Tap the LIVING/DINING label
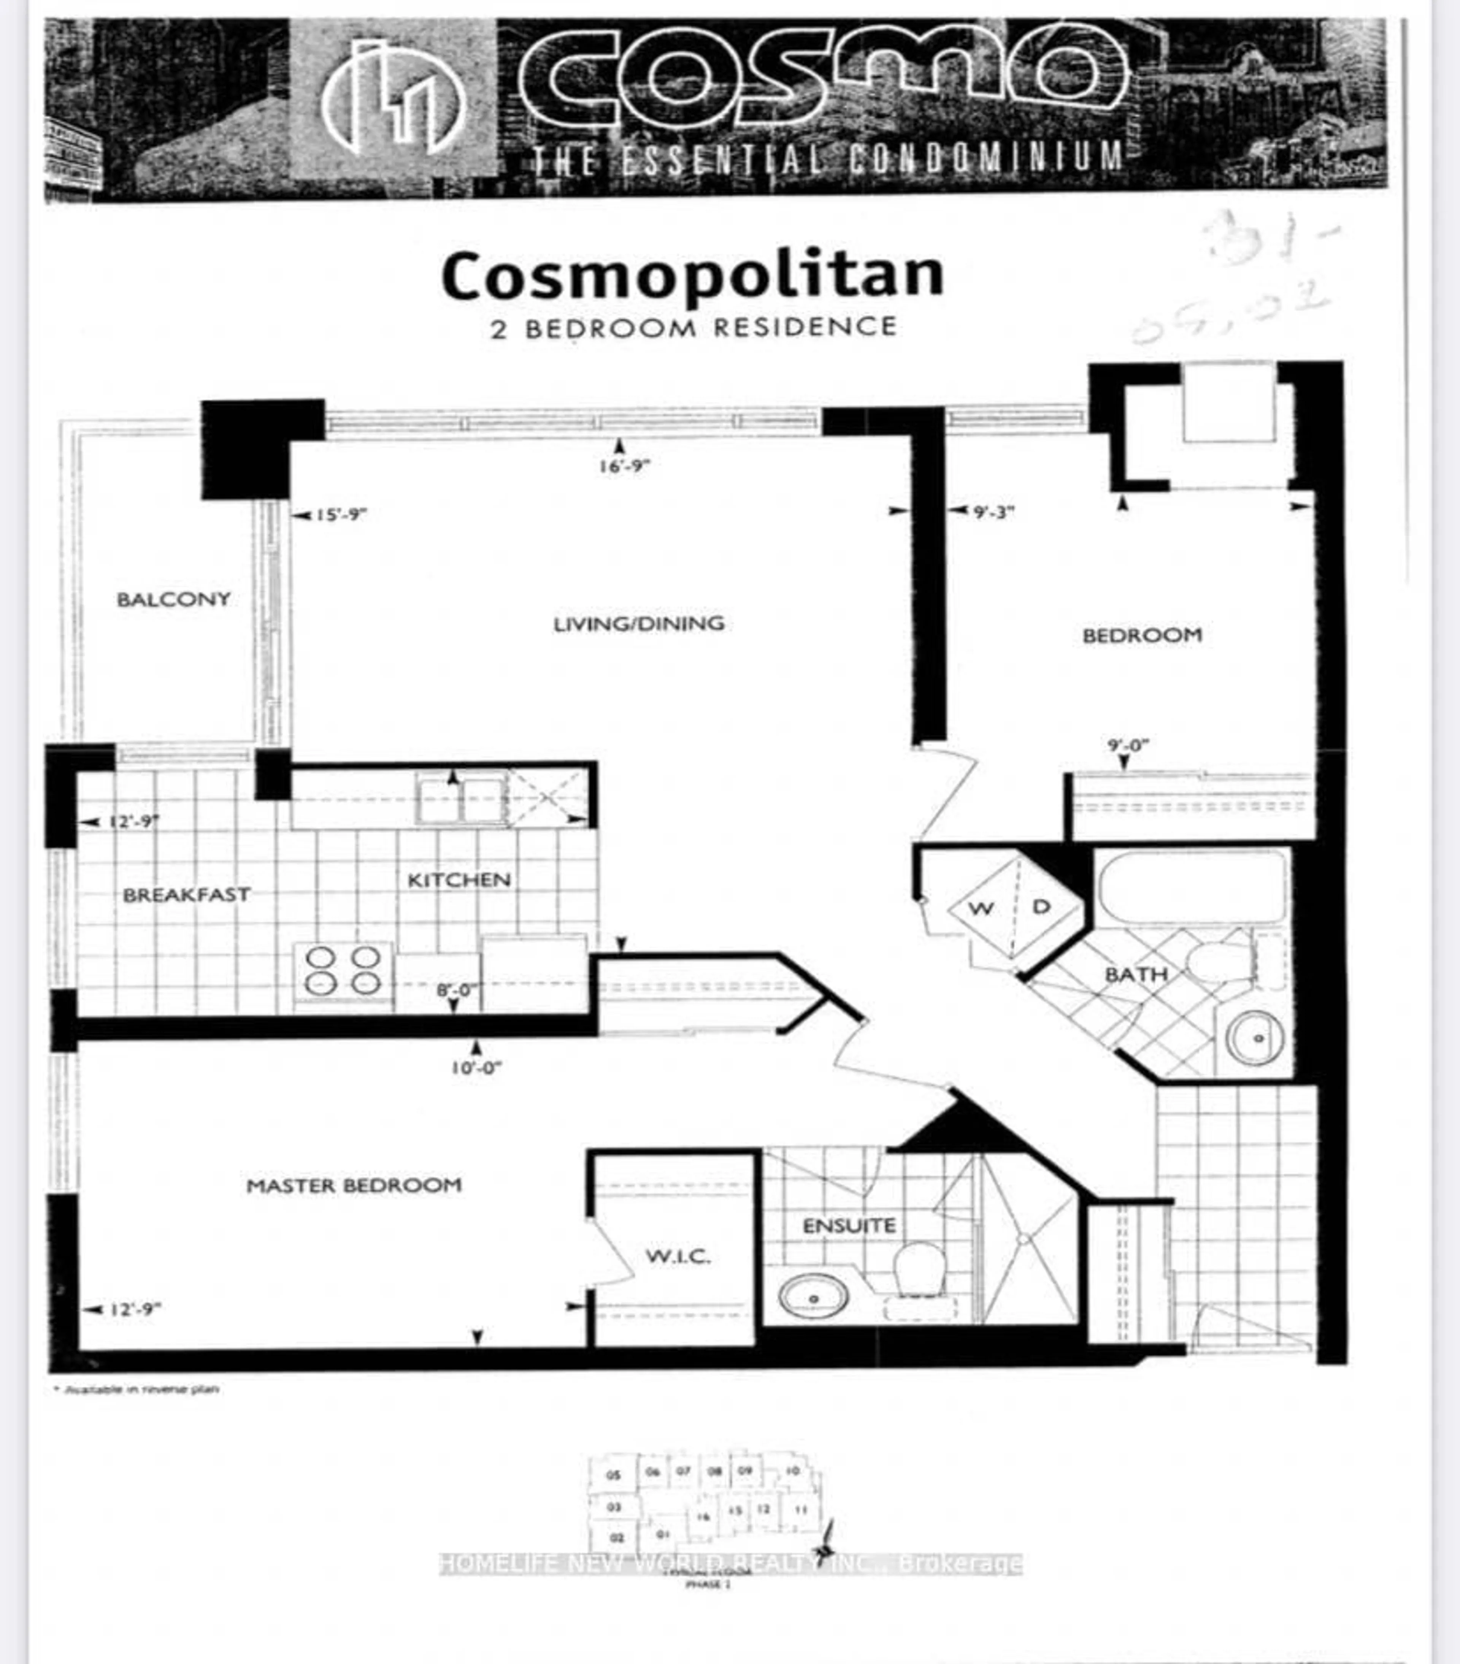point(638,624)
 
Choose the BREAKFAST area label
point(186,895)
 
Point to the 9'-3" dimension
point(993,512)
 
